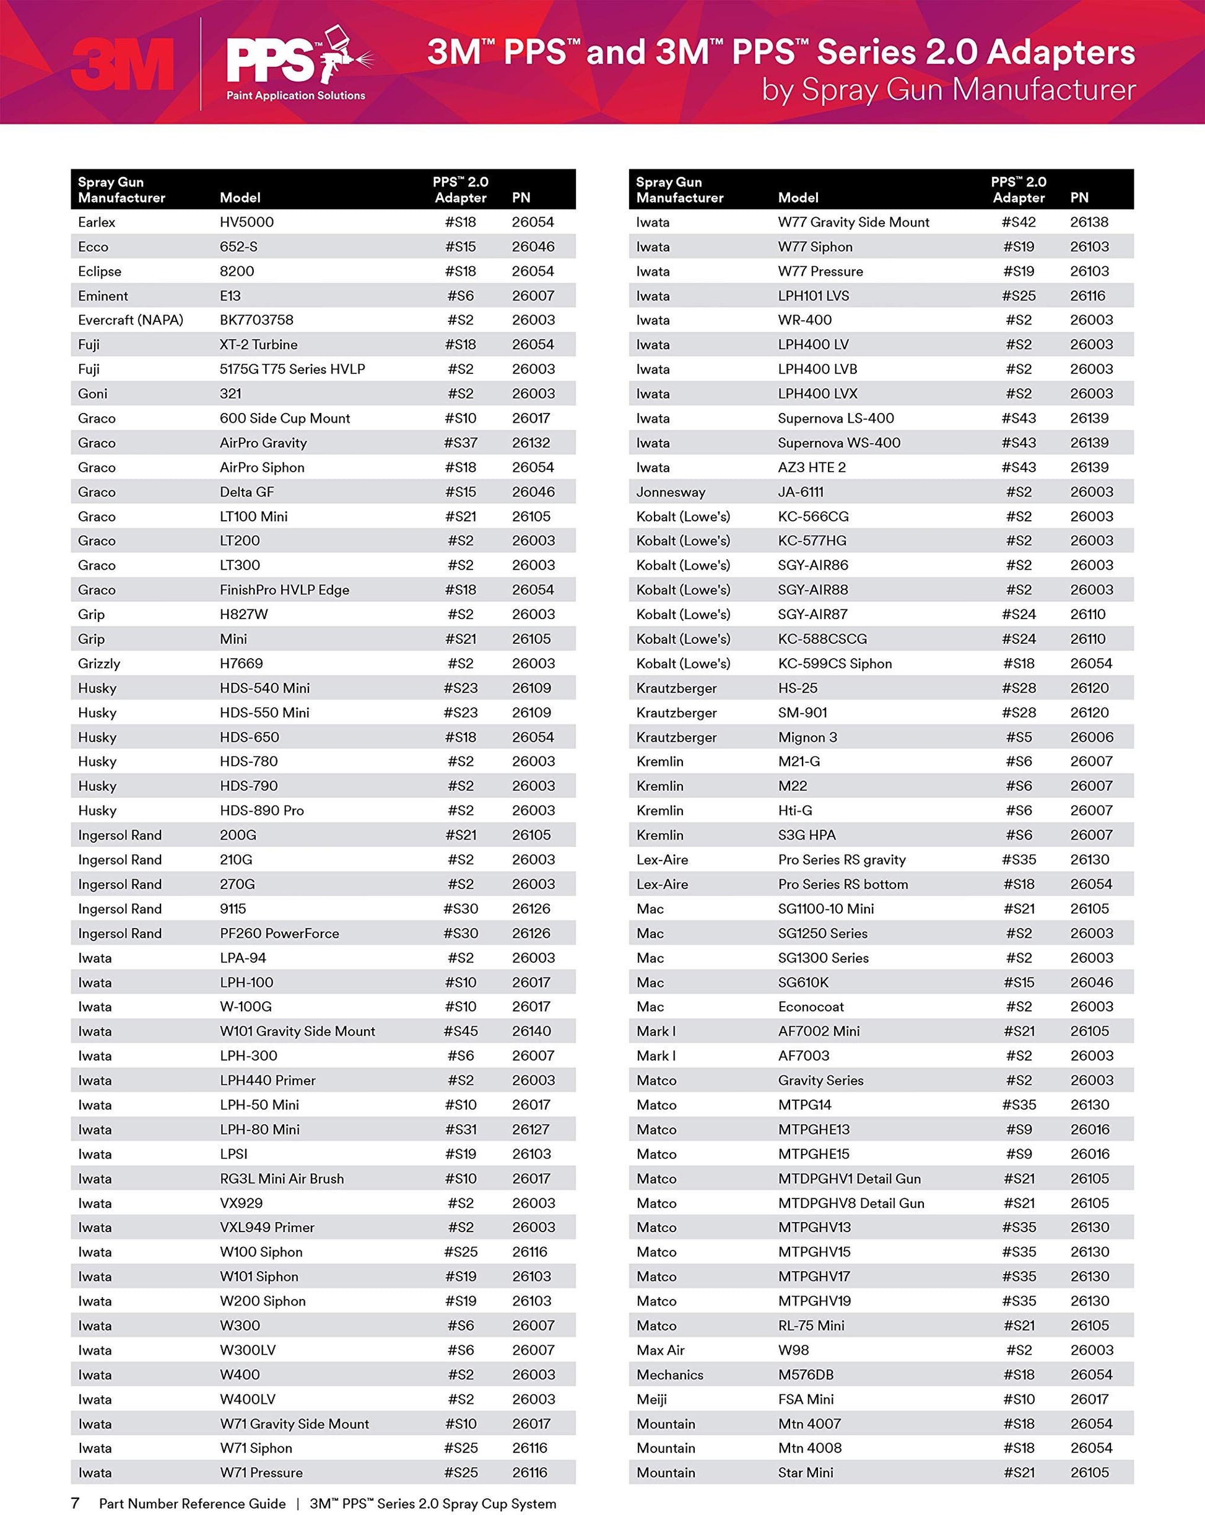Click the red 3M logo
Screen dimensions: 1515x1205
123,64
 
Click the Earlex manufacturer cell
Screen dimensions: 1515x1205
97,222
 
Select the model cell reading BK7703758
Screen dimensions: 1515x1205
256,319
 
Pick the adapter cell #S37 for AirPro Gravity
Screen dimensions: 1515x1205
460,443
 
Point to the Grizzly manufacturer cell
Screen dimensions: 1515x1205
99,663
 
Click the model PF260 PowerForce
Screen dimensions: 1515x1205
279,933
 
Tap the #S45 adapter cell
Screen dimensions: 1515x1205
460,1031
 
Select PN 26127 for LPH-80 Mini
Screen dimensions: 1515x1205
531,1129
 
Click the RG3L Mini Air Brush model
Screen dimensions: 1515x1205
282,1178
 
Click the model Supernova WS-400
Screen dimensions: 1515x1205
839,443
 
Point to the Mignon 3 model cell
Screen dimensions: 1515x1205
807,737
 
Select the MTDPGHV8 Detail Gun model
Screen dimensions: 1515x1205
851,1203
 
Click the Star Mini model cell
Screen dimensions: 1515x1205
805,1472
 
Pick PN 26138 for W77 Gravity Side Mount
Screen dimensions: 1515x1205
1089,222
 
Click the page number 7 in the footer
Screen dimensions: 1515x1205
75,1503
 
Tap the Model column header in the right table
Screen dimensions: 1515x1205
798,198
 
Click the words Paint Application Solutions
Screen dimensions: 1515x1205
296,95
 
